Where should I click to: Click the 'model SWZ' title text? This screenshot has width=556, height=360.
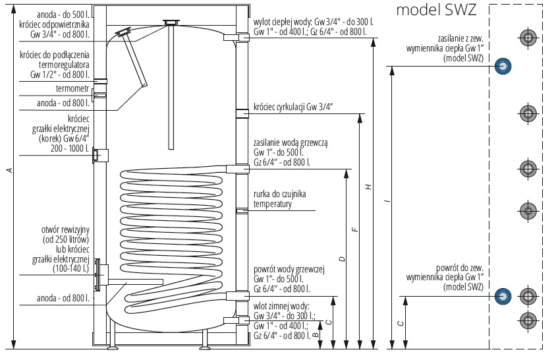coord(436,10)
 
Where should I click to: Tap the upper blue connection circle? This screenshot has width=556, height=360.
coord(503,66)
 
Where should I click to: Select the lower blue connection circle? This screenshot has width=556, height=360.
coord(503,296)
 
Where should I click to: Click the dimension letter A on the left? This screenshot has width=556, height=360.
coord(11,170)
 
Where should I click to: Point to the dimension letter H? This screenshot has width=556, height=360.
coord(369,187)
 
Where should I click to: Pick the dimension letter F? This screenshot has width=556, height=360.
coord(356,229)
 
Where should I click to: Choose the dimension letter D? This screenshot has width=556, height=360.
coord(342,259)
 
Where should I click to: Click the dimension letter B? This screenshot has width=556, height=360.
coord(316,334)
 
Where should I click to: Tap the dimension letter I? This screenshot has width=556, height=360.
coord(388,201)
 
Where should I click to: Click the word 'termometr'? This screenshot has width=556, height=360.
coord(72,88)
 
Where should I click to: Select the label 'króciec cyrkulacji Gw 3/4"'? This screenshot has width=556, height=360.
coord(293,107)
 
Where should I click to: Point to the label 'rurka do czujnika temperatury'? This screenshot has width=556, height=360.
coord(279,199)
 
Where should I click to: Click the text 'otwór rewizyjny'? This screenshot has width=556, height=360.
coord(65,229)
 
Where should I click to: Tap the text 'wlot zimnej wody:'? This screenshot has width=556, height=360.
coord(281,306)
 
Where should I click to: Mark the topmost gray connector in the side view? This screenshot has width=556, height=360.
coord(528,38)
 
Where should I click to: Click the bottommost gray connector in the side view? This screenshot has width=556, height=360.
coord(528,320)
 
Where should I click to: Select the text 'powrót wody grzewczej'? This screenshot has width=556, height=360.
coord(289,270)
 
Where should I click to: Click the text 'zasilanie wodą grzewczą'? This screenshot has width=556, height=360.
coord(291,143)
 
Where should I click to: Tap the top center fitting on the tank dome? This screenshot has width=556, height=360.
coord(171,22)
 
